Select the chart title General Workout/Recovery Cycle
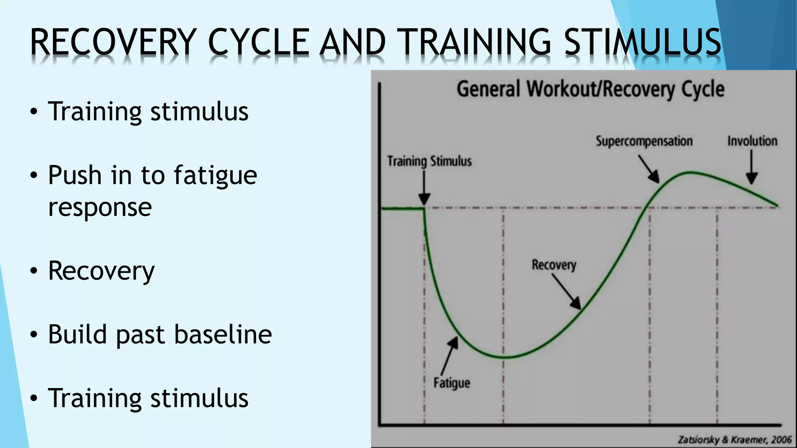(590, 89)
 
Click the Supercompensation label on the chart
(644, 141)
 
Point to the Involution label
(752, 141)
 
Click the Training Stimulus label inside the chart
(429, 161)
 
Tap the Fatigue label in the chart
(452, 383)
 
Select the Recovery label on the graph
(554, 265)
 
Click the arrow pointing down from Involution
(752, 167)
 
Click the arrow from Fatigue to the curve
(449, 355)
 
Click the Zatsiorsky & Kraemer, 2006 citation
(734, 440)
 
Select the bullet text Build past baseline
(160, 334)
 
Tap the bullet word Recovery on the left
(101, 271)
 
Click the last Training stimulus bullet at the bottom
(148, 398)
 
